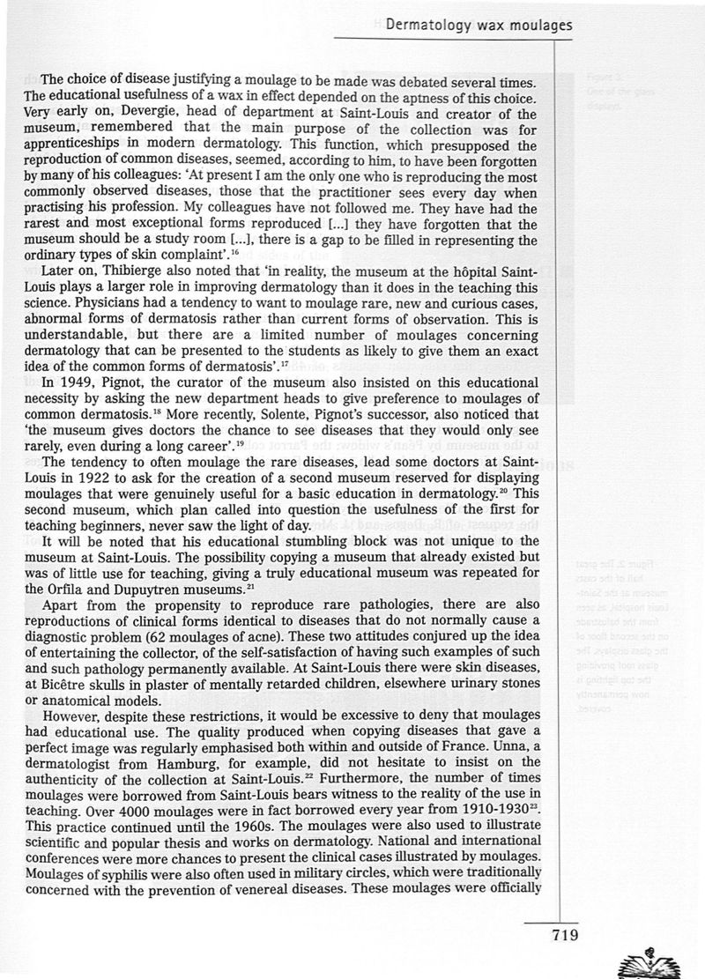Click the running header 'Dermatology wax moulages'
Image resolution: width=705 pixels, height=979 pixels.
(x=479, y=26)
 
